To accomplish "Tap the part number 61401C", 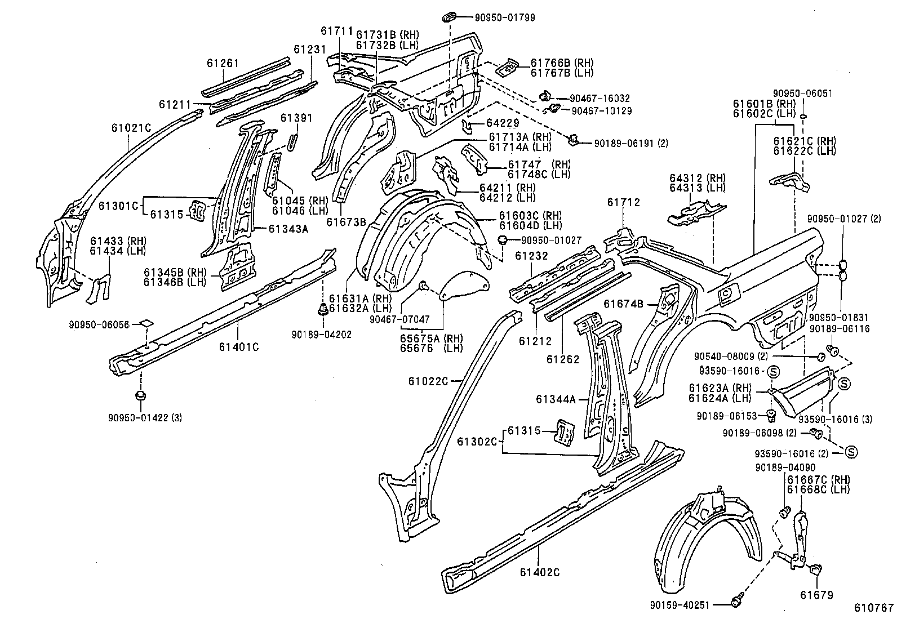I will pos(238,346).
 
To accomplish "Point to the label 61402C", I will pos(539,572).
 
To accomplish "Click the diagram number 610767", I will pos(873,608).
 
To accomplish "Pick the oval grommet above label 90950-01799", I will pos(450,17).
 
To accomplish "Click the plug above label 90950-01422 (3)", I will pos(141,395).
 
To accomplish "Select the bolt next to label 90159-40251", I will pos(736,603).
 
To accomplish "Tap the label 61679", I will pos(816,595).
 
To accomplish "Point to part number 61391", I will pos(296,118).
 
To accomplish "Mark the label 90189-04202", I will pos(321,334).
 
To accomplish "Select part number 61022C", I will pos(428,381).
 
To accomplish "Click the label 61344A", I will pos(555,399).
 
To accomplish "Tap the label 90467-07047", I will pos(399,319).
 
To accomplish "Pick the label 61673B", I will pos(345,222).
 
